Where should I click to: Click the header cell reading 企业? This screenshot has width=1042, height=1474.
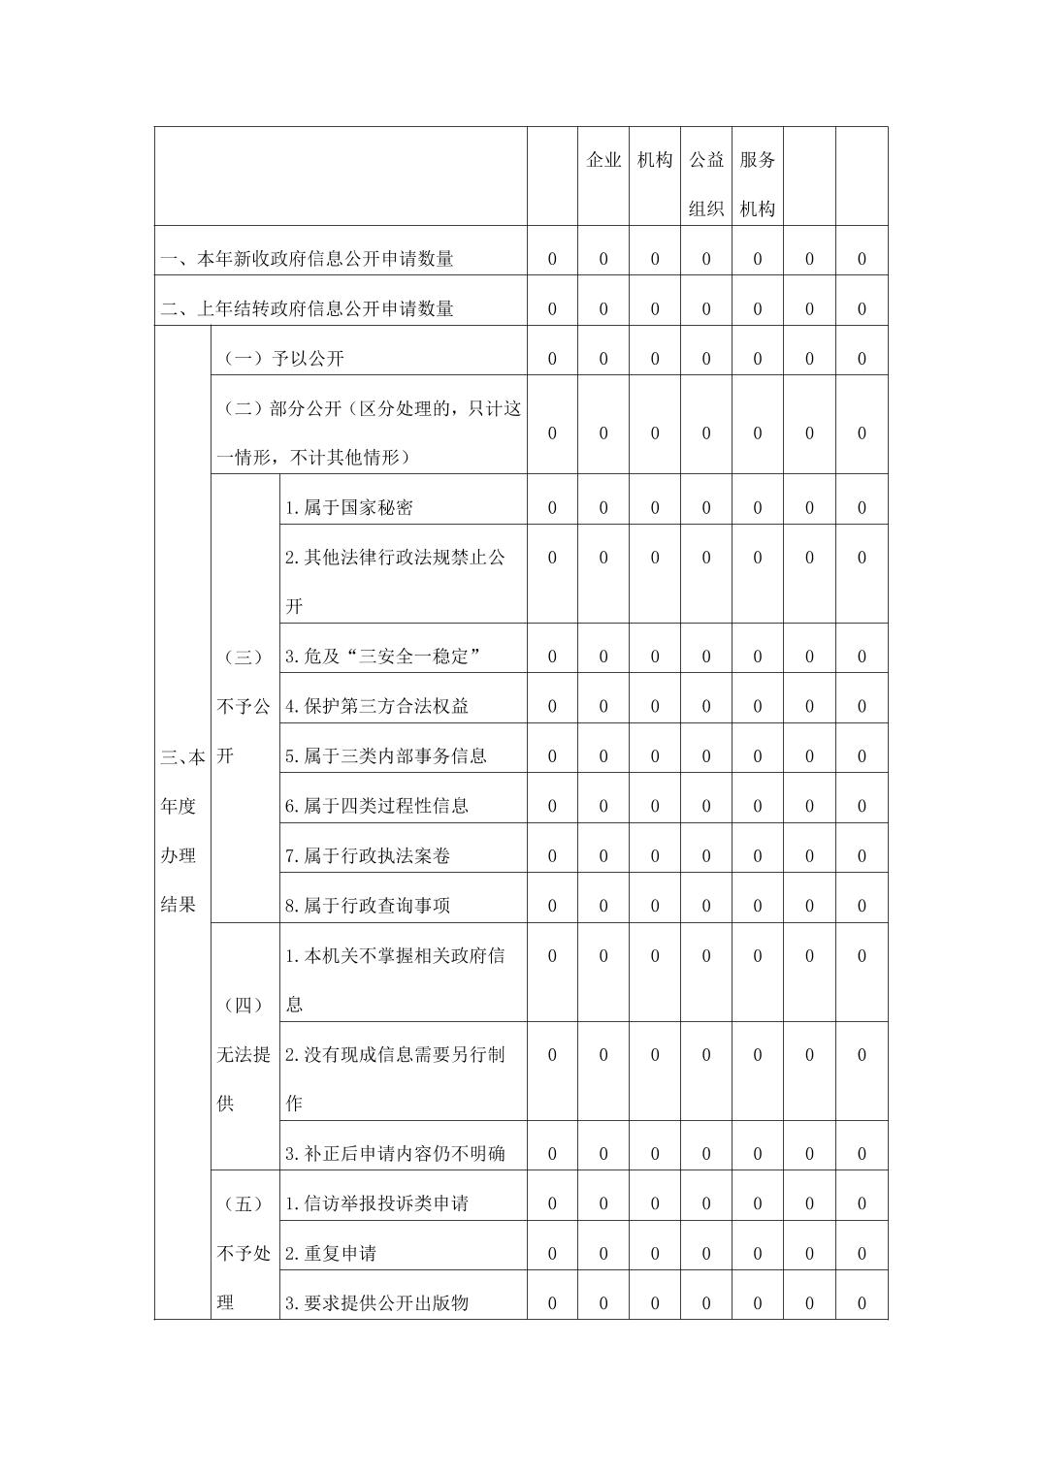pos(603,160)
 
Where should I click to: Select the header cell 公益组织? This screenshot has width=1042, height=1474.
pos(706,184)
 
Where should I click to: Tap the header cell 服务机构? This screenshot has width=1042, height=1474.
pos(758,184)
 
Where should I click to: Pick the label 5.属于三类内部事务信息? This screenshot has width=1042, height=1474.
pos(386,755)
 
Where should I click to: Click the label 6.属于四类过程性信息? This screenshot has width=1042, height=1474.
pos(377,805)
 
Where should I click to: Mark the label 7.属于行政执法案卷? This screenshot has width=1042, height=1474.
pos(368,855)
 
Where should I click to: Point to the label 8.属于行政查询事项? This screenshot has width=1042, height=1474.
pos(368,905)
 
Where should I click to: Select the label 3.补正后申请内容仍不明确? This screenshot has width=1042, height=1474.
pos(395,1153)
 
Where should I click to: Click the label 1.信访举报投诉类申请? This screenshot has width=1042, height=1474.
pos(377,1203)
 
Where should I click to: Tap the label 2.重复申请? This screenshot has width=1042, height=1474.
pos(331,1253)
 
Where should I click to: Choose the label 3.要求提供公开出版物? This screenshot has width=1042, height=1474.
pos(377,1302)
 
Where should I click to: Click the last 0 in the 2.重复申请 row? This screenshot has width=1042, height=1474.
pos(862,1253)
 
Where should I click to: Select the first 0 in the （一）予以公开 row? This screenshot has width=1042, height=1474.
pos(552,358)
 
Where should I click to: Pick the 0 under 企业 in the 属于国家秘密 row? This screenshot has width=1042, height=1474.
pos(603,507)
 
